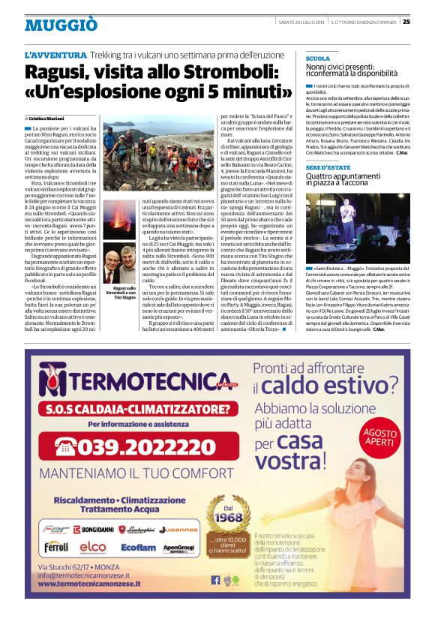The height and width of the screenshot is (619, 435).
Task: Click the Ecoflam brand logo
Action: pyautogui.click(x=138, y=548)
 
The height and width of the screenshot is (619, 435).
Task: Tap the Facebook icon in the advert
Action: pyautogui.click(x=216, y=579)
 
